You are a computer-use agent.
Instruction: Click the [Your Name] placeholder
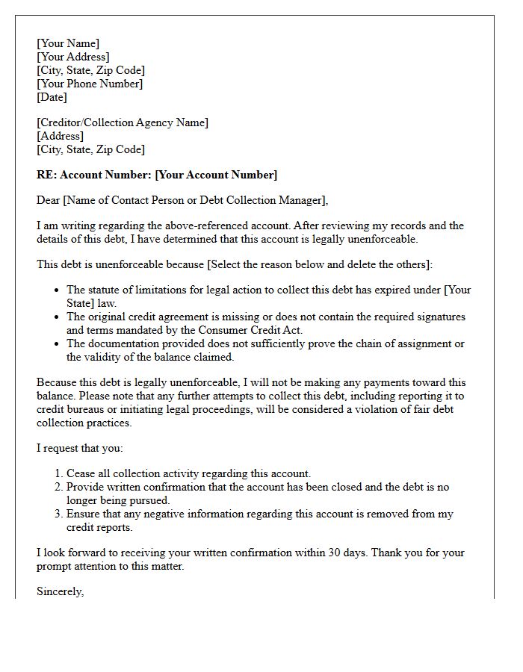pos(67,43)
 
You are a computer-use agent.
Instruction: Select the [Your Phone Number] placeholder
pos(90,84)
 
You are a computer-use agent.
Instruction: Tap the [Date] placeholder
pos(52,97)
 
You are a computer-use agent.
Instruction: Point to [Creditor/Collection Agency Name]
pos(123,122)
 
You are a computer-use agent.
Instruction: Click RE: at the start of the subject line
pos(46,175)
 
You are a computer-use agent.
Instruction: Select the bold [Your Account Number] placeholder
pos(216,175)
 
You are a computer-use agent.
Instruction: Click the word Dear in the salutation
pos(49,200)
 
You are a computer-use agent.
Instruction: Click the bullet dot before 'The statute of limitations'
pos(57,290)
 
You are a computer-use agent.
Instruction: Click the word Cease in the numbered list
pos(81,473)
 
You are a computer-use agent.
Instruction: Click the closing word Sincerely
pos(60,591)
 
